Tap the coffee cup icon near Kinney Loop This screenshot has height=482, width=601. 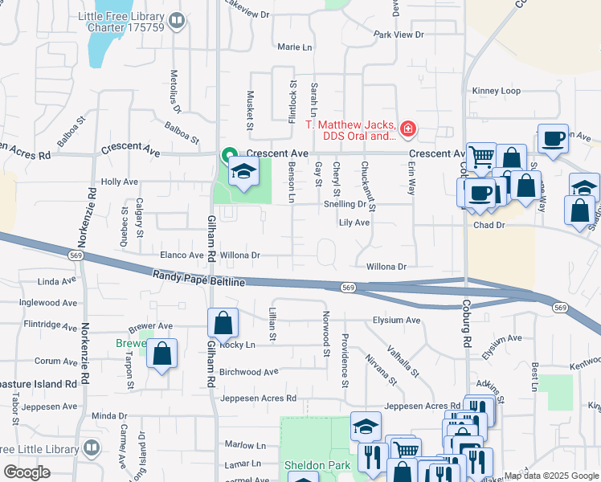coord(553,138)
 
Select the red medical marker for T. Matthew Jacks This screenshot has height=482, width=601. coord(408,128)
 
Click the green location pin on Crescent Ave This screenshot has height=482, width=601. coord(229,154)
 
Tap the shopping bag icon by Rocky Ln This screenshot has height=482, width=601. coord(223,324)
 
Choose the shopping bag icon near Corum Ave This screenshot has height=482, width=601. coord(161,353)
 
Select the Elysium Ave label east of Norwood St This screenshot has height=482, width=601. coord(396,320)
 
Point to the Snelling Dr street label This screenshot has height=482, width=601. coord(345,204)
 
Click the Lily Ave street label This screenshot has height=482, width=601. coord(354,223)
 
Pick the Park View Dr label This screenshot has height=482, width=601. coord(399,35)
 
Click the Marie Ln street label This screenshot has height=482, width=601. coord(294,47)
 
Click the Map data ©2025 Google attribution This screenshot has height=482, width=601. coord(550,476)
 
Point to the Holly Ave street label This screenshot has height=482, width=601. coord(120,182)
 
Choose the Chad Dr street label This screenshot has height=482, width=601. coord(489,226)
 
